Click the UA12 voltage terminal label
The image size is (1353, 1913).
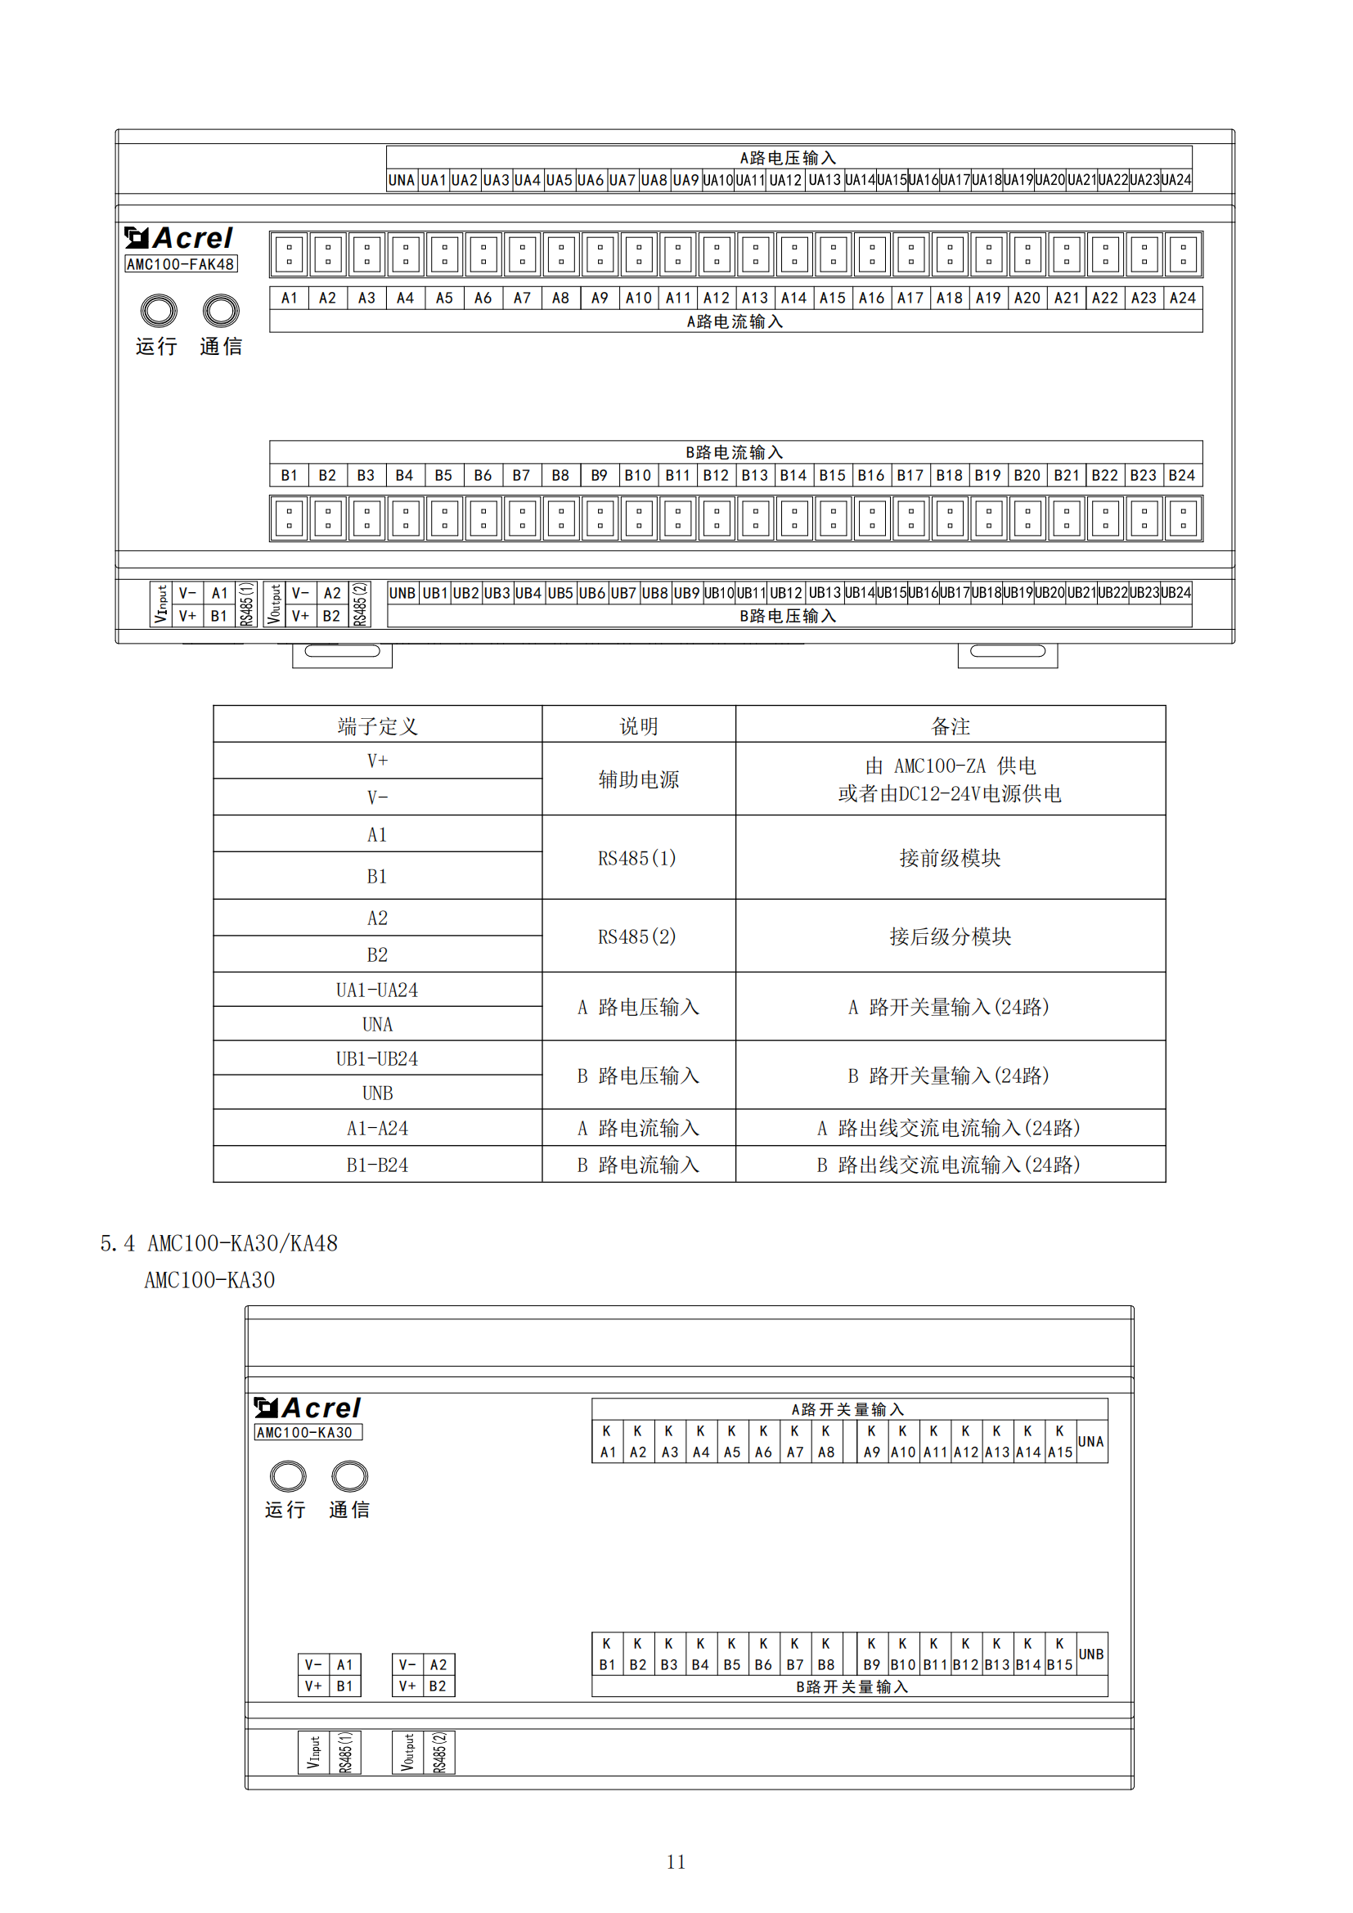pyautogui.click(x=784, y=180)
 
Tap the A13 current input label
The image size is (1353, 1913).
pyautogui.click(x=755, y=299)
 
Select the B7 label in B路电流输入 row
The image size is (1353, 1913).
pyautogui.click(x=522, y=476)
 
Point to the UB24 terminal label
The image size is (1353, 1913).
pyautogui.click(x=1175, y=593)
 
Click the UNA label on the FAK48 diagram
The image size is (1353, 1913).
pyautogui.click(x=402, y=180)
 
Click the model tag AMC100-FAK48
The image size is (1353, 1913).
pyautogui.click(x=181, y=264)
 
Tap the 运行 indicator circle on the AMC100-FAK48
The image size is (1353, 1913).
pyautogui.click(x=159, y=311)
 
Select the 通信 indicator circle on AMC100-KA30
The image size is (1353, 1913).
pyautogui.click(x=349, y=1475)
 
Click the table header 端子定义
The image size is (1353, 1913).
pyautogui.click(x=377, y=725)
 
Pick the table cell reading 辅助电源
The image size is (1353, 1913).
pyautogui.click(x=638, y=779)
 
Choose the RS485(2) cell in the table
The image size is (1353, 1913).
pyautogui.click(x=637, y=936)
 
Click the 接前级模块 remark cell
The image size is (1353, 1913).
pyautogui.click(x=950, y=858)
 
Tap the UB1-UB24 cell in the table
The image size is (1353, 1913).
pyautogui.click(x=377, y=1058)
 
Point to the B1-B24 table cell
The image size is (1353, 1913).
pyautogui.click(x=377, y=1165)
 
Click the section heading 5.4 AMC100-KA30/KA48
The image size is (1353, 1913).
pyautogui.click(x=219, y=1243)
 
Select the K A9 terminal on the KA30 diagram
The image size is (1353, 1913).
pyautogui.click(x=871, y=1441)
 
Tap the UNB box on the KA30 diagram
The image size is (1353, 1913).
pyautogui.click(x=1091, y=1654)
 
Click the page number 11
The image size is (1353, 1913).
pyautogui.click(x=676, y=1861)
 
